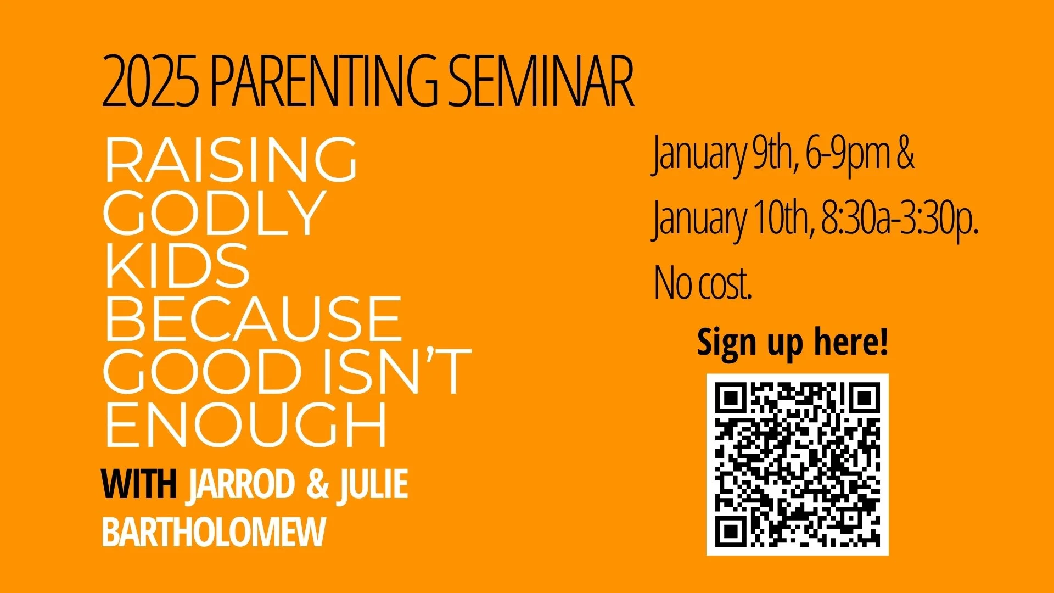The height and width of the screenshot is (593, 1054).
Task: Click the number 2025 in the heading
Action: (150, 81)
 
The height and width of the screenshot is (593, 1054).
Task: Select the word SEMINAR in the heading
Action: (541, 81)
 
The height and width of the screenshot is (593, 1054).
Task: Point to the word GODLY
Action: (214, 213)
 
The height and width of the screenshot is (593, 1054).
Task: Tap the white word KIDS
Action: (177, 266)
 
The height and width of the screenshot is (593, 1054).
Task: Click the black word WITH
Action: (139, 484)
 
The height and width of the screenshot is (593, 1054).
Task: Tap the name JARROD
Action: (240, 484)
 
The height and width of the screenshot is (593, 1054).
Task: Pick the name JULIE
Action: (373, 484)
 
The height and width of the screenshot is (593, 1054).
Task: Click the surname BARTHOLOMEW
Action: (214, 532)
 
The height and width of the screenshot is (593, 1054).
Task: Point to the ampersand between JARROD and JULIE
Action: (317, 484)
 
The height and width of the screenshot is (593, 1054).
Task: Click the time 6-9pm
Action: (848, 155)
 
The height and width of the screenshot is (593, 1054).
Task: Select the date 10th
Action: (779, 219)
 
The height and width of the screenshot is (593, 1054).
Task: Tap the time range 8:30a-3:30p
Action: (900, 219)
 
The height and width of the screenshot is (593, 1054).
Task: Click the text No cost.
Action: (703, 283)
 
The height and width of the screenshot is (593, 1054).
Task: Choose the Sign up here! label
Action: (792, 343)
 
